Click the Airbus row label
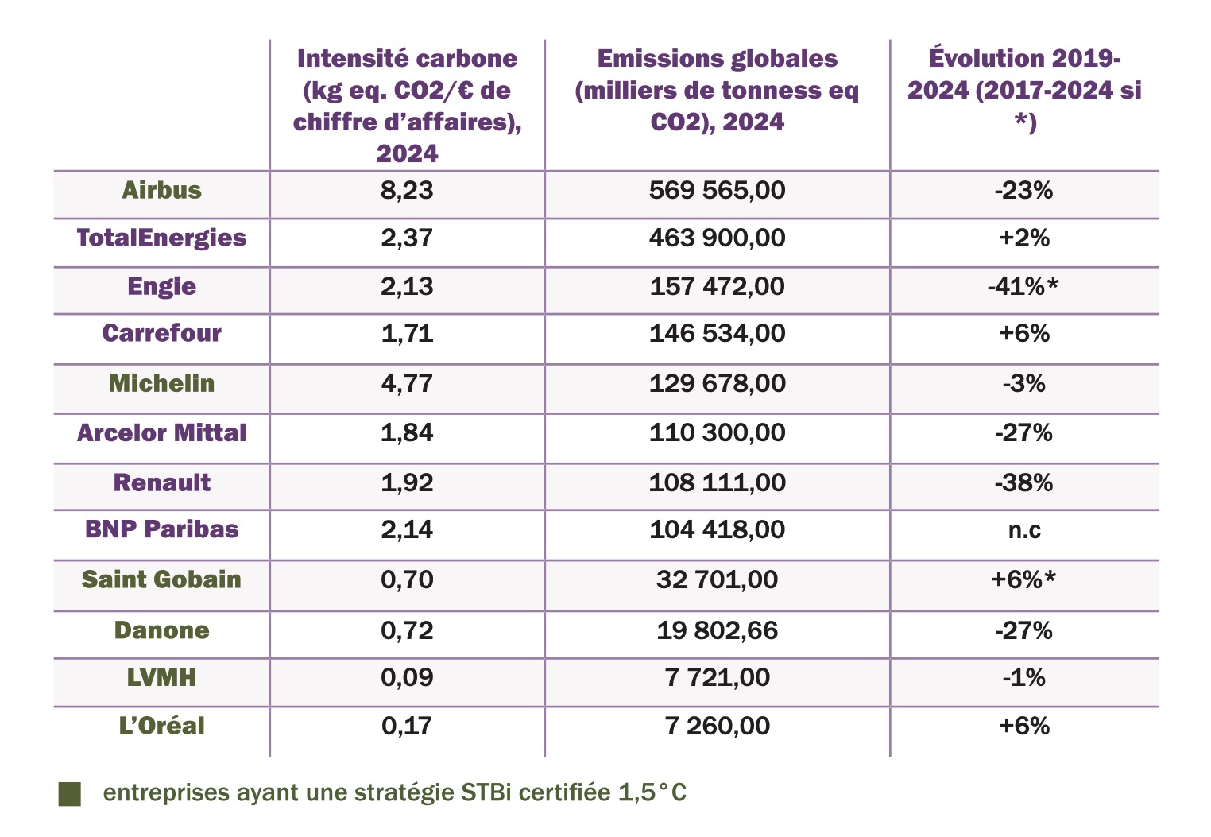coord(161,191)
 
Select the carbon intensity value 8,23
coord(407,191)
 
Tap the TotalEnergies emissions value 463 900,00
coord(717,238)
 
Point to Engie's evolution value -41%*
coord(1023,287)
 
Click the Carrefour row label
coord(161,333)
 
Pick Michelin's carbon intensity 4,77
coord(407,384)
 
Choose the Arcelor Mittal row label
coord(161,433)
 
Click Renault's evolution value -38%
coord(1023,483)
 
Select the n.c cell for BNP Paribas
coord(1023,530)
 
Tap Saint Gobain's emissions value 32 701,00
coord(717,580)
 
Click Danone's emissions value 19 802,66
coord(717,631)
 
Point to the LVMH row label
coord(161,678)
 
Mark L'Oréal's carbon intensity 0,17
coord(407,727)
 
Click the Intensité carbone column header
coord(407,105)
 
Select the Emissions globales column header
coord(717,90)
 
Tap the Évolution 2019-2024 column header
coord(1024,90)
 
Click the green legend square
coord(70,794)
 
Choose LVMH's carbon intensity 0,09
coord(407,678)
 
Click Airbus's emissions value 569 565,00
coord(717,191)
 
